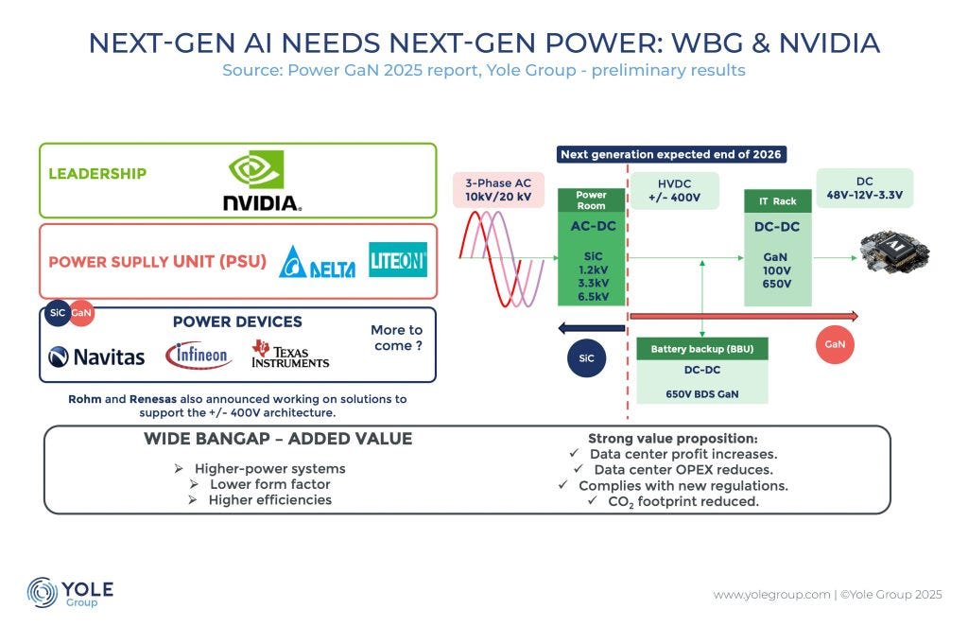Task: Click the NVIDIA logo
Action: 262,181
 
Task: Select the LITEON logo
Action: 398,260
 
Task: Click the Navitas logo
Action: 96,356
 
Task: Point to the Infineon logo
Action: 199,356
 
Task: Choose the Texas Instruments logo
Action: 290,354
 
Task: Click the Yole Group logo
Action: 70,592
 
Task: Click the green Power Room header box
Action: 591,200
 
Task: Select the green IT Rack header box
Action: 777,200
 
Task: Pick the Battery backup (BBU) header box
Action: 701,349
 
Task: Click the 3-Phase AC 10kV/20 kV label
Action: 497,189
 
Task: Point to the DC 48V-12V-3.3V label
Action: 865,188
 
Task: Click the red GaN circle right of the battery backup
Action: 835,344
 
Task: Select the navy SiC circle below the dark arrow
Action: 586,358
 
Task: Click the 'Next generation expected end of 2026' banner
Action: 671,154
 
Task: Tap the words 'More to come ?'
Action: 396,338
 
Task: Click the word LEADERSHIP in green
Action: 97,173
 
